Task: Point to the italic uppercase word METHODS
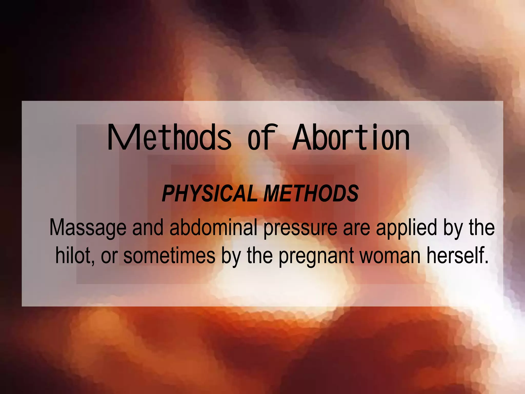click(311, 193)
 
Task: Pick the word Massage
click(88, 228)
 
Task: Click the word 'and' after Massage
click(148, 227)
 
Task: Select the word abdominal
click(213, 227)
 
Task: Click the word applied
click(406, 228)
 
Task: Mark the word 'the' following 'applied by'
click(482, 227)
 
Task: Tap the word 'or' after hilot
click(109, 256)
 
